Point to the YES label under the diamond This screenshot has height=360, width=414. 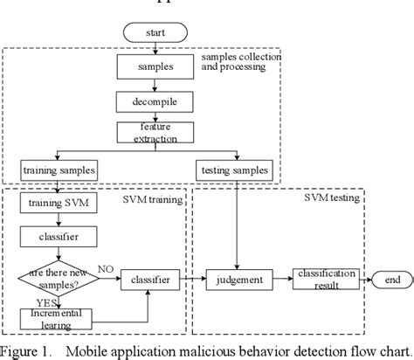pos(35,301)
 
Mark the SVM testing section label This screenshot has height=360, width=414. pos(331,199)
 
